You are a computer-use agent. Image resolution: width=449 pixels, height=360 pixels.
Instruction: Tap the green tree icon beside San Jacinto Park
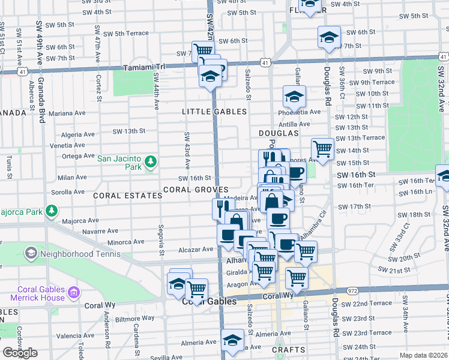(x=150, y=161)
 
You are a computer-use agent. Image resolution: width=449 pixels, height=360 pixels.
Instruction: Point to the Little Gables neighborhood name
(x=214, y=112)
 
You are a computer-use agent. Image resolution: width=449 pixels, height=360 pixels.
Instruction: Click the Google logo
(x=19, y=353)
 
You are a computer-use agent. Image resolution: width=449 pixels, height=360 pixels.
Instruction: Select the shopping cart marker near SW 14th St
(x=323, y=148)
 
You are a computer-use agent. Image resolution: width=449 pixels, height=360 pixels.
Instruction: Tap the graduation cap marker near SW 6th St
(x=328, y=37)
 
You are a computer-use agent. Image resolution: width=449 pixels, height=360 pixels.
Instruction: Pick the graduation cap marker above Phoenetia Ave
(x=294, y=96)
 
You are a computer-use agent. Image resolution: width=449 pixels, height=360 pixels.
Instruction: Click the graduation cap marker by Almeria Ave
(x=232, y=340)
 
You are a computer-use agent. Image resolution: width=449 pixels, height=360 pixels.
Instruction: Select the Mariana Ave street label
(x=68, y=113)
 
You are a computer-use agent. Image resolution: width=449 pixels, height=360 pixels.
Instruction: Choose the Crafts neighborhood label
(x=285, y=349)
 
